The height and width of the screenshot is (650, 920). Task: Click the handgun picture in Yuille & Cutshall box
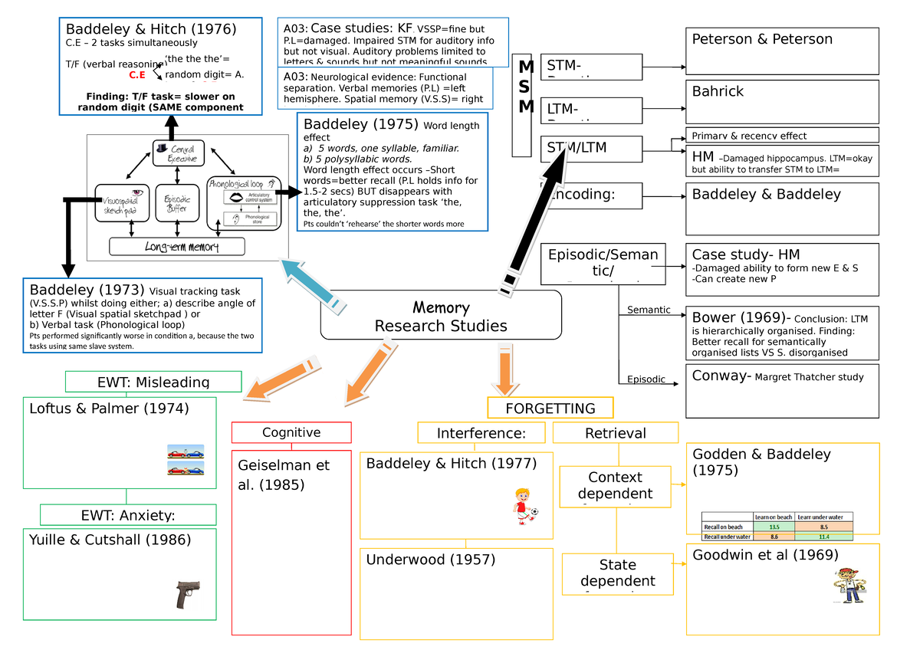click(187, 594)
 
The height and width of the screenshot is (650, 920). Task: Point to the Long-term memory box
click(177, 247)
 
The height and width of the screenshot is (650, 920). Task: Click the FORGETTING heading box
click(550, 408)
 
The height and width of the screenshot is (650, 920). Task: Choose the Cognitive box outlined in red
click(291, 432)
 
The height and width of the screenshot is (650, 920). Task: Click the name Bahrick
click(718, 92)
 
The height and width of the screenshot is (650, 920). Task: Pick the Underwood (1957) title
click(431, 560)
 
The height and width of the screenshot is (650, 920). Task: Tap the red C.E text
click(137, 75)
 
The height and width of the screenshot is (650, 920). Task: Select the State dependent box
click(617, 573)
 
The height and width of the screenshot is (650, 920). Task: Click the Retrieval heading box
click(615, 433)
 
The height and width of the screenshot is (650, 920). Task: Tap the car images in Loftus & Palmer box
click(186, 460)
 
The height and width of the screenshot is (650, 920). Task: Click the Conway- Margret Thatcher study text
click(777, 376)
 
